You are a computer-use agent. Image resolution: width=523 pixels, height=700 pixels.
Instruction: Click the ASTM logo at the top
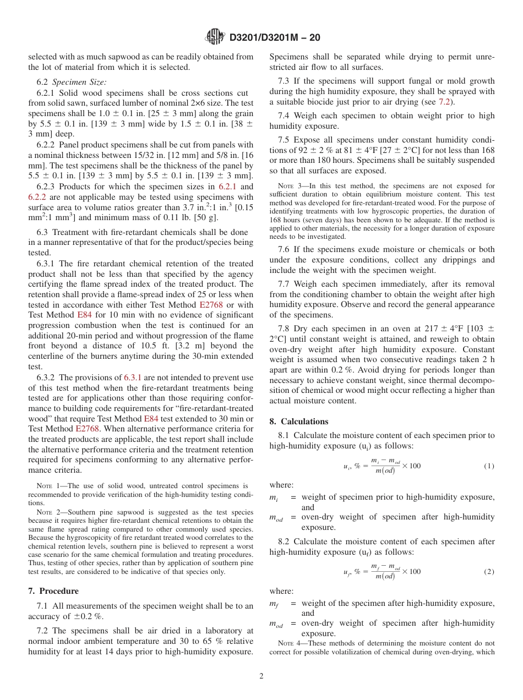[x=215, y=37]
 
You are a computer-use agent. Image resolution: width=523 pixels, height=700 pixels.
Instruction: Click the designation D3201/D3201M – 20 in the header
[x=274, y=37]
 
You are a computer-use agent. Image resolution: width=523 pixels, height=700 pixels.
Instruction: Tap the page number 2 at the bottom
[x=261, y=676]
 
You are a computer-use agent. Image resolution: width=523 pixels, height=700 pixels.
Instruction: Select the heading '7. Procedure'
[x=53, y=591]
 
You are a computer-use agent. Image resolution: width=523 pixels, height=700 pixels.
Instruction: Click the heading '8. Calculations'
[x=298, y=422]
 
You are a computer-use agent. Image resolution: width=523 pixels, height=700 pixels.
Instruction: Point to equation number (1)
[x=489, y=466]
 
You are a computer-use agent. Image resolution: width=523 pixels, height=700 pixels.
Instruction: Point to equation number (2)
[x=489, y=572]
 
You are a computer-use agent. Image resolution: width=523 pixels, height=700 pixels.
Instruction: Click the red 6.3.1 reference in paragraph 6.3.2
[x=133, y=378]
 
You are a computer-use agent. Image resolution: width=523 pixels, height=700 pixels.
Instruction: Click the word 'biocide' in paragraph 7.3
[x=313, y=102]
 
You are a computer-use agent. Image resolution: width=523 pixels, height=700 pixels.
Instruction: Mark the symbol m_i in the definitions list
[x=273, y=497]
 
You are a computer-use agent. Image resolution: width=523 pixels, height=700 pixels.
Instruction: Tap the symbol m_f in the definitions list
[x=273, y=604]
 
